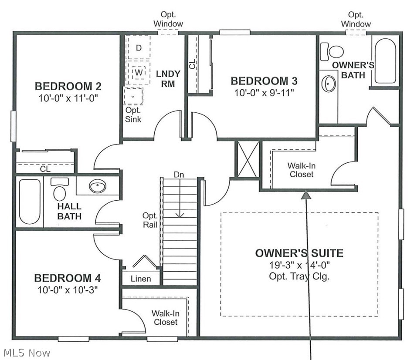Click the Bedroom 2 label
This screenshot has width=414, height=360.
pos(68,86)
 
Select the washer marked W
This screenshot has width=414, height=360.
pos(138,72)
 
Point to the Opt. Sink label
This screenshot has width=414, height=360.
pos(133,114)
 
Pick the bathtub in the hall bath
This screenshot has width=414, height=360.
pos(30,202)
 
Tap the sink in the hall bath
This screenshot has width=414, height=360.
pos(98,186)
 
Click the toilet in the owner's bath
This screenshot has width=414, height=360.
pos(332,51)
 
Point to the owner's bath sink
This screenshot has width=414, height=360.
pos(329,84)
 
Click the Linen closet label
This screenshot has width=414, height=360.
pos(141,279)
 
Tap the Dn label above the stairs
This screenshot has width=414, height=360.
pos(179,174)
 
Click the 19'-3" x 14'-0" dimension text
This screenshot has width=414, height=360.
pos(299,265)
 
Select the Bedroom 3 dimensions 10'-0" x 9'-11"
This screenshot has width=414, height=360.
pos(264,93)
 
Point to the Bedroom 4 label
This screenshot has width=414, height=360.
pos(68,278)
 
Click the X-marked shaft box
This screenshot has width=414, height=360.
pos(248,159)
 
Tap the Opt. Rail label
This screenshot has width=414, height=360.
pos(150,220)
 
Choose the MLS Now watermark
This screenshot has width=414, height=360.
pos(27,353)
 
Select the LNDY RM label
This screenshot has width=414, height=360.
pos(168,79)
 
